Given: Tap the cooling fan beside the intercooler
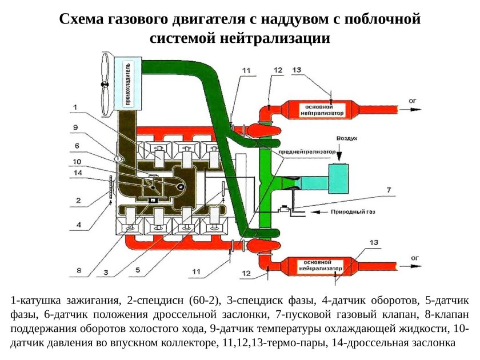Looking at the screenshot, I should pos(105,84).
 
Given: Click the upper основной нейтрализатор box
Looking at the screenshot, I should pos(325,110).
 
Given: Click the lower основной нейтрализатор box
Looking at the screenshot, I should pos(324,265).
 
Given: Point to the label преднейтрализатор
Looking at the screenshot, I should pos(305,153).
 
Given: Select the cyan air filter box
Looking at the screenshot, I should pos(342,180).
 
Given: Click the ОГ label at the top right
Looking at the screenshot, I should pos(413,101).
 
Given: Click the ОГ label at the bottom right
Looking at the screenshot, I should pos(413,258).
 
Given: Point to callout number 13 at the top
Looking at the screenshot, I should pos(296,69).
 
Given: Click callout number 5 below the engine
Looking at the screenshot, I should pos(138,272).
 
